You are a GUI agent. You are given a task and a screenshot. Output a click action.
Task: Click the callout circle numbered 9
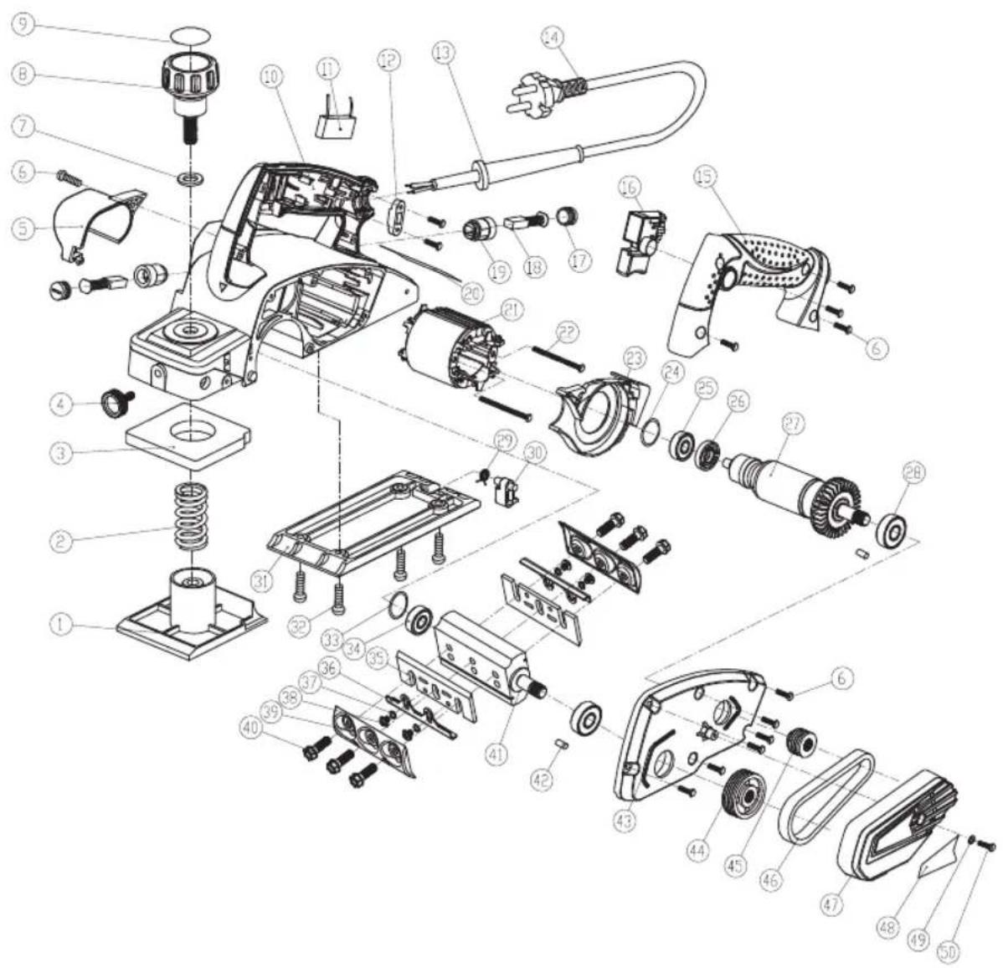24,24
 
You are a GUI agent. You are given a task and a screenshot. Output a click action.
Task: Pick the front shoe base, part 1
192,619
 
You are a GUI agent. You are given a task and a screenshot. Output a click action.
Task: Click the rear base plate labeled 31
373,519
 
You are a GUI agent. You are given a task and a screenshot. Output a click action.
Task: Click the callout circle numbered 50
948,951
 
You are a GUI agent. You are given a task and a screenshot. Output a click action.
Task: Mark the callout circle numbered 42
543,778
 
